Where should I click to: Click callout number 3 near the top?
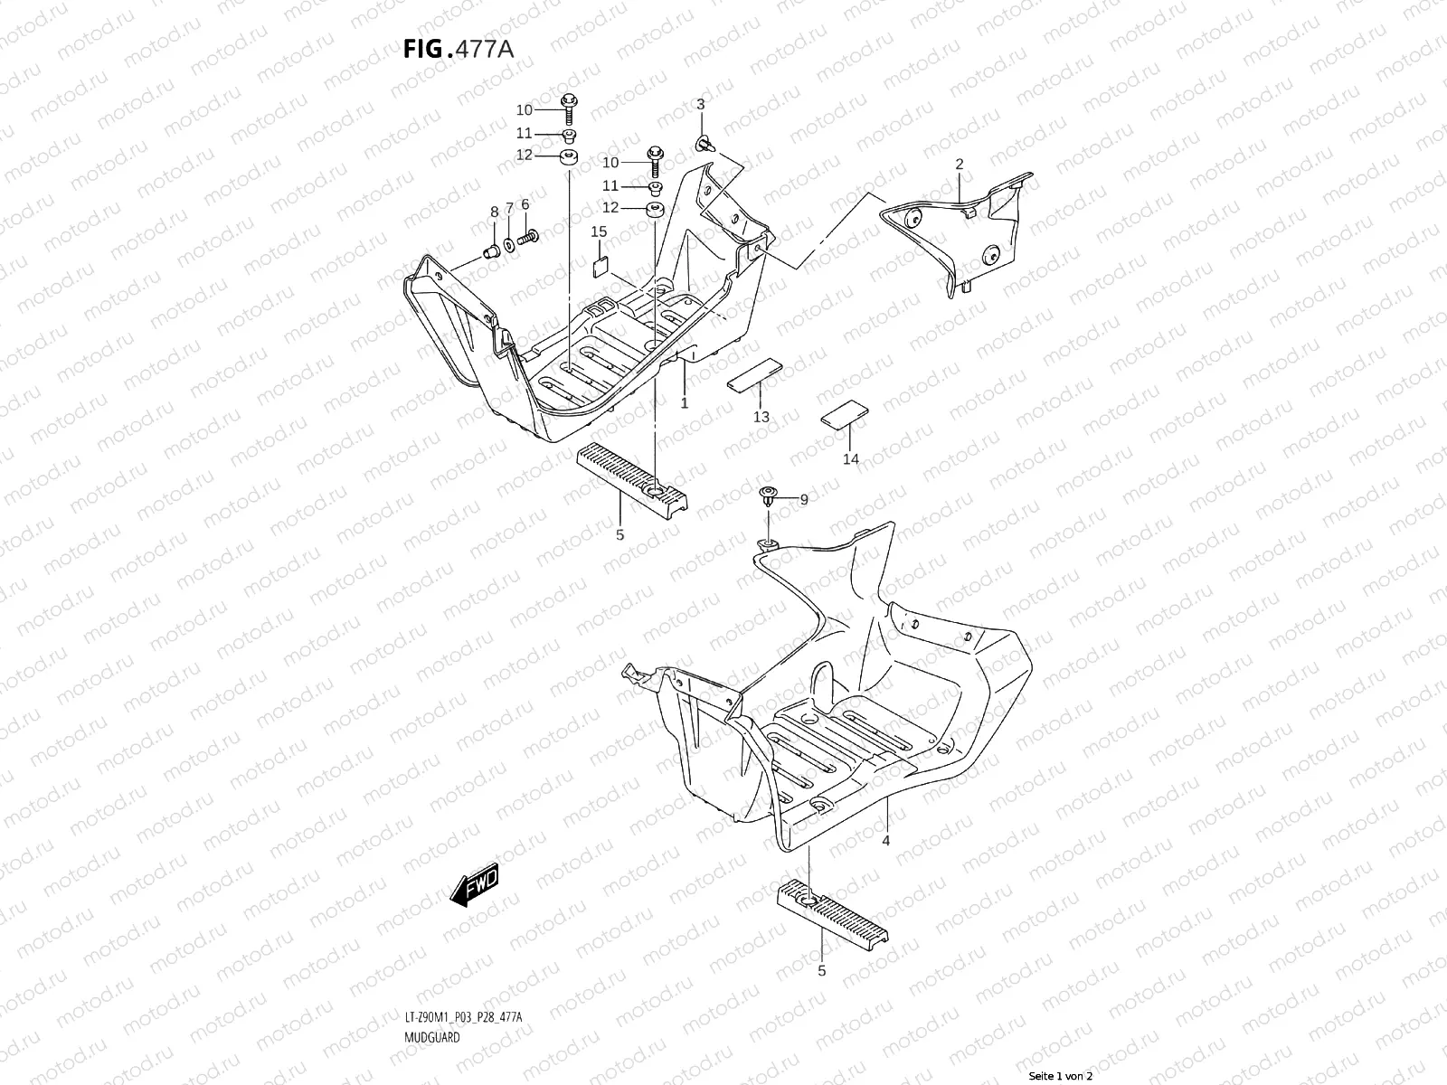(x=700, y=106)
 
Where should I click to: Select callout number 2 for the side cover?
(x=960, y=164)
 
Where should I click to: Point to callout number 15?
(x=599, y=232)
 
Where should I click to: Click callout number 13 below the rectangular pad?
(x=761, y=417)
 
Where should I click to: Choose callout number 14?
(x=851, y=459)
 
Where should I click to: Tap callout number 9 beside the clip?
(x=803, y=499)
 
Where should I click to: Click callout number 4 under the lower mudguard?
(x=886, y=841)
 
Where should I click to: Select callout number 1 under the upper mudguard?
(x=685, y=403)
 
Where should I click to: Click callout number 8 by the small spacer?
(x=494, y=212)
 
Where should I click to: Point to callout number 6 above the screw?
(x=525, y=204)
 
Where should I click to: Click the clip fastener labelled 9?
(x=768, y=495)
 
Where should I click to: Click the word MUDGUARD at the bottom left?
(x=432, y=986)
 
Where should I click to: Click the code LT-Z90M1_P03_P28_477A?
(x=463, y=967)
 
